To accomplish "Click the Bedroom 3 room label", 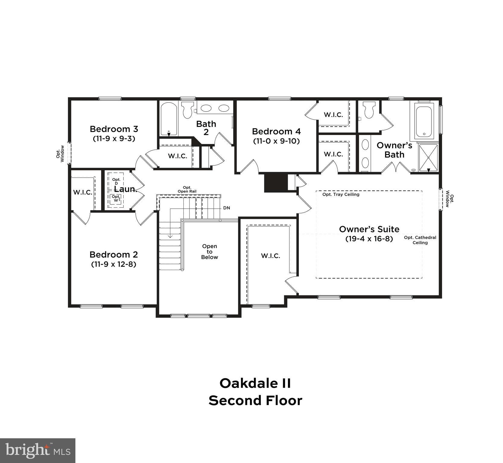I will pos(114,129).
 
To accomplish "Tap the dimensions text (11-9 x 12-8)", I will pos(113,264).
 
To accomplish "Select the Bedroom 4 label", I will pos(276,131).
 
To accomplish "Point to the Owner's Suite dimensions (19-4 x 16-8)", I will pos(369,239).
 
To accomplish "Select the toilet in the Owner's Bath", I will pos(369,110).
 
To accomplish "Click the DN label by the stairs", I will pos(226,208).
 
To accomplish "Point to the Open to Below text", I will pos(210,252).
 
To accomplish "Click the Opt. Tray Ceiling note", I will pos(341,194).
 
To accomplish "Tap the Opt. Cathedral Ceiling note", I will pos(420,240).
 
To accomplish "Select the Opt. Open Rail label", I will pos(187,189).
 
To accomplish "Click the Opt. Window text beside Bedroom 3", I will pos(60,154).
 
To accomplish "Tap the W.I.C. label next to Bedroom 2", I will pos(83,192).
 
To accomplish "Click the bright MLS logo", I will pos(38,450).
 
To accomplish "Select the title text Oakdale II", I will pos(255,383).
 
